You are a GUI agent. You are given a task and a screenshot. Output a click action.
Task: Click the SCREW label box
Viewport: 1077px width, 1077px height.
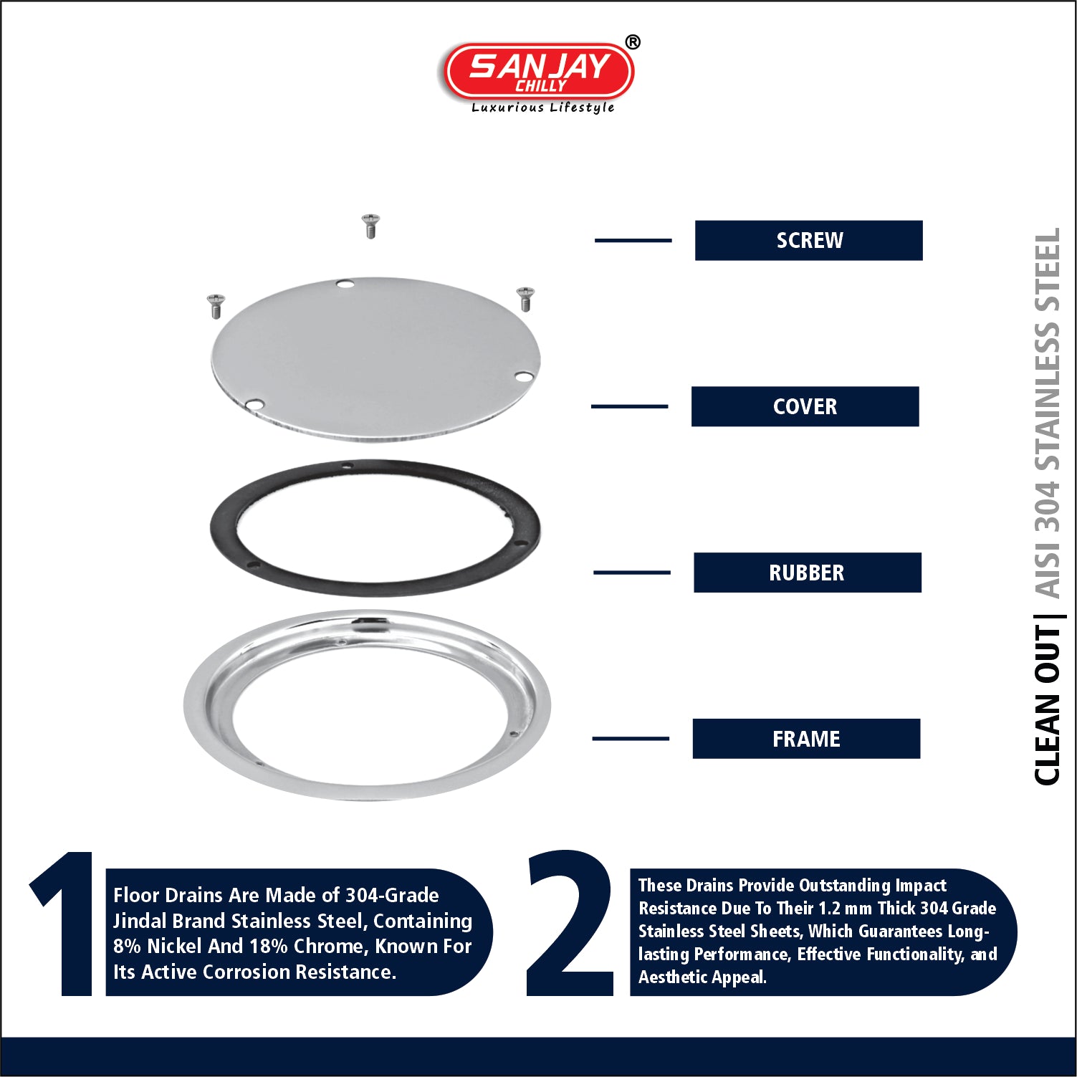[808, 240]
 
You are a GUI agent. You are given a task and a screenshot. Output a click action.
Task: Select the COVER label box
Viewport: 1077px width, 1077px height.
[805, 406]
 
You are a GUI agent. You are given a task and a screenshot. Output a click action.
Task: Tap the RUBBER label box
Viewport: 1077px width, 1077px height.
[807, 573]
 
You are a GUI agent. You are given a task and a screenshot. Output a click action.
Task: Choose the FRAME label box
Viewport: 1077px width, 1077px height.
[806, 739]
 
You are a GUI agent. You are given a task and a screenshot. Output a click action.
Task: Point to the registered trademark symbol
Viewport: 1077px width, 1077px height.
[633, 42]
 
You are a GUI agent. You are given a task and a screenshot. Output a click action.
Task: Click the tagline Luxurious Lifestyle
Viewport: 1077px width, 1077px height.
[542, 107]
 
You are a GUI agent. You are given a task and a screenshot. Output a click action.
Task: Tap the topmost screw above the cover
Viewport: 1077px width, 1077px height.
[370, 225]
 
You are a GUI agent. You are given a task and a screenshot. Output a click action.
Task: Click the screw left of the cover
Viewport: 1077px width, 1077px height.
[215, 306]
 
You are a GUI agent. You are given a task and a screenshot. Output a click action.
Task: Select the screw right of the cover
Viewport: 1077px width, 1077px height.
[525, 299]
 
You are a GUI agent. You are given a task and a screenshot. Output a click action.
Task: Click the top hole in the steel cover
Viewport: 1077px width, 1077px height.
[345, 284]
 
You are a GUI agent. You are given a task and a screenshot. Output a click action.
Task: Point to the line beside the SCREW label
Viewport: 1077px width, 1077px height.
[633, 240]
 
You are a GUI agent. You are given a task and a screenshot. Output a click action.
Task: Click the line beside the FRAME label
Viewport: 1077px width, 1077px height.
[631, 738]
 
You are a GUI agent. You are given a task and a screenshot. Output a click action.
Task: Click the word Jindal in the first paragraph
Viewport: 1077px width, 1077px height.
[140, 921]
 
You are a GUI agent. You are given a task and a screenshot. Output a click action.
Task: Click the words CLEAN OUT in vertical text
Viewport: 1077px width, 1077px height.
[1047, 705]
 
